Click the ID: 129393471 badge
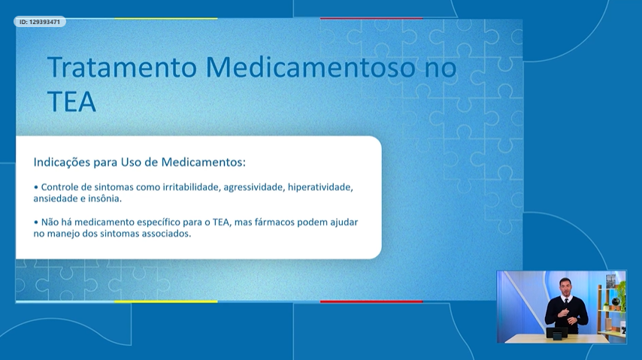click(x=40, y=22)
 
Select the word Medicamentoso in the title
click(x=310, y=67)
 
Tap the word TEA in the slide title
click(x=71, y=101)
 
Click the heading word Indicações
click(x=62, y=162)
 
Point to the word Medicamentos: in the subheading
click(x=203, y=162)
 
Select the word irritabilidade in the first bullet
click(x=191, y=187)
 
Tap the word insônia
click(x=108, y=198)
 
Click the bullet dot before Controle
click(x=36, y=187)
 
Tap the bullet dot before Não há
click(x=36, y=222)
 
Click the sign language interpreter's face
click(x=565, y=286)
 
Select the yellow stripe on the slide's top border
click(x=166, y=19)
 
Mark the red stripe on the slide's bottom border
click(x=371, y=302)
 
